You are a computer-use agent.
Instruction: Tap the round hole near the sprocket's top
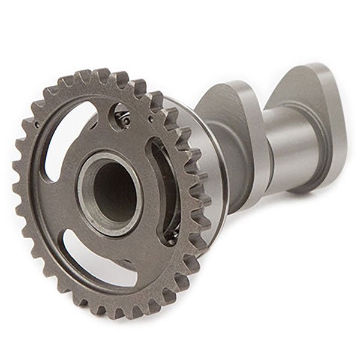[x=122, y=116]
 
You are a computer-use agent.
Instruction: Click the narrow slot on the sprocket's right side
[x=166, y=189]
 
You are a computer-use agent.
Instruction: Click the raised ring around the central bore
[x=90, y=198]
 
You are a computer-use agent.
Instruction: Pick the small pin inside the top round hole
[x=125, y=121]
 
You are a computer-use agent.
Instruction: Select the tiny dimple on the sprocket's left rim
[x=37, y=124]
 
